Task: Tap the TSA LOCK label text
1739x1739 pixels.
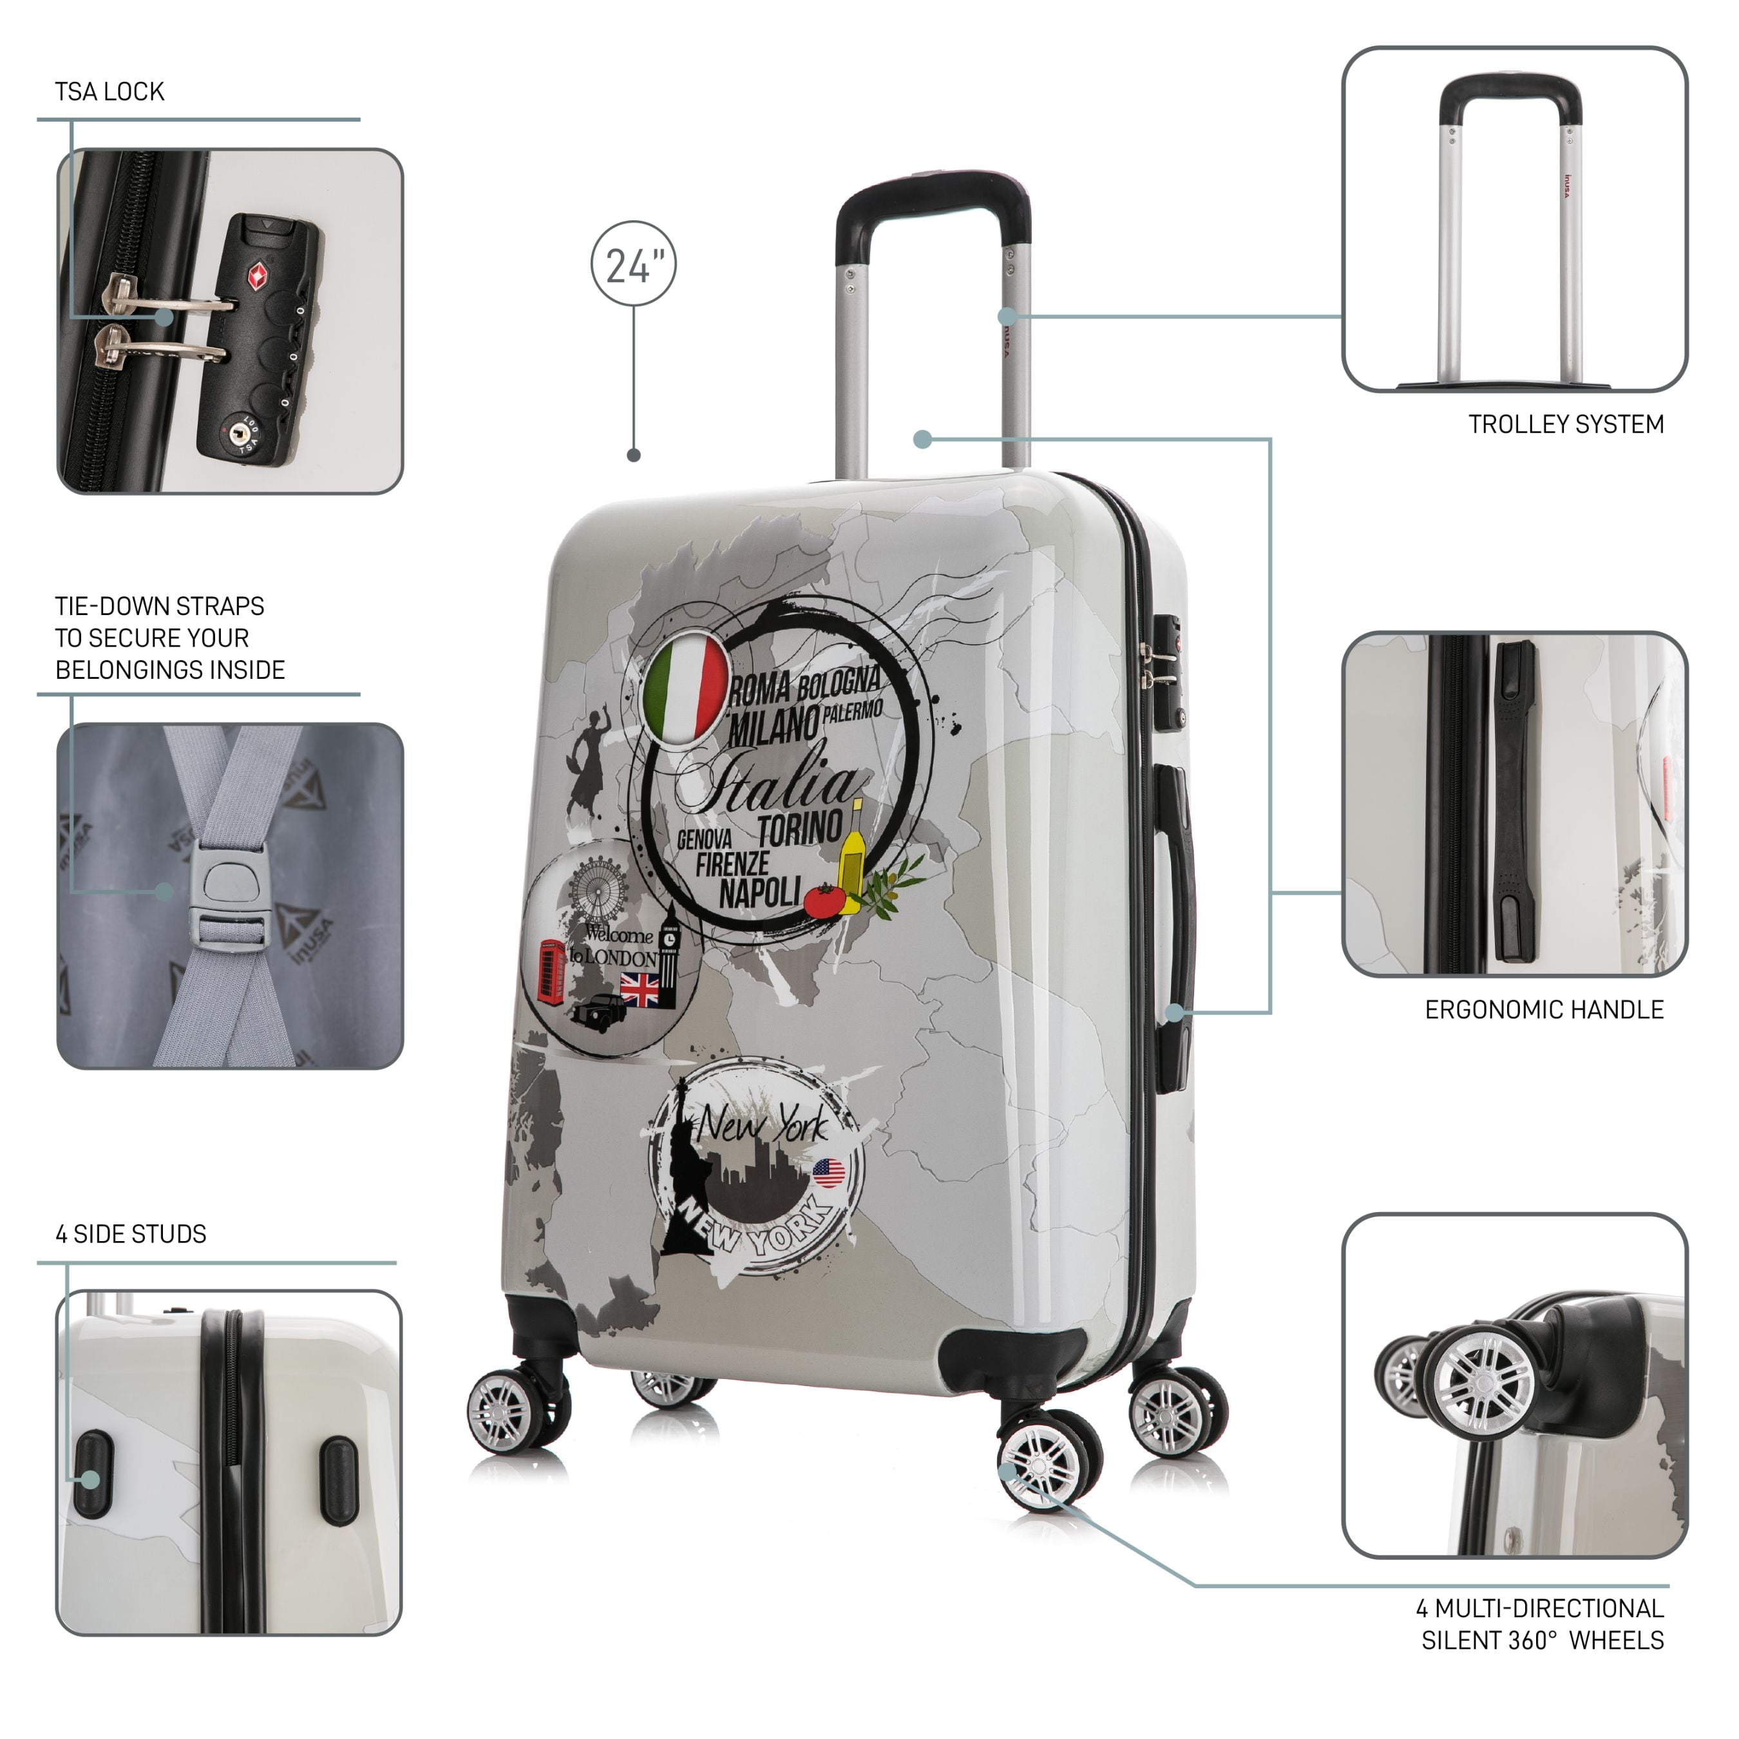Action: tap(109, 92)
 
